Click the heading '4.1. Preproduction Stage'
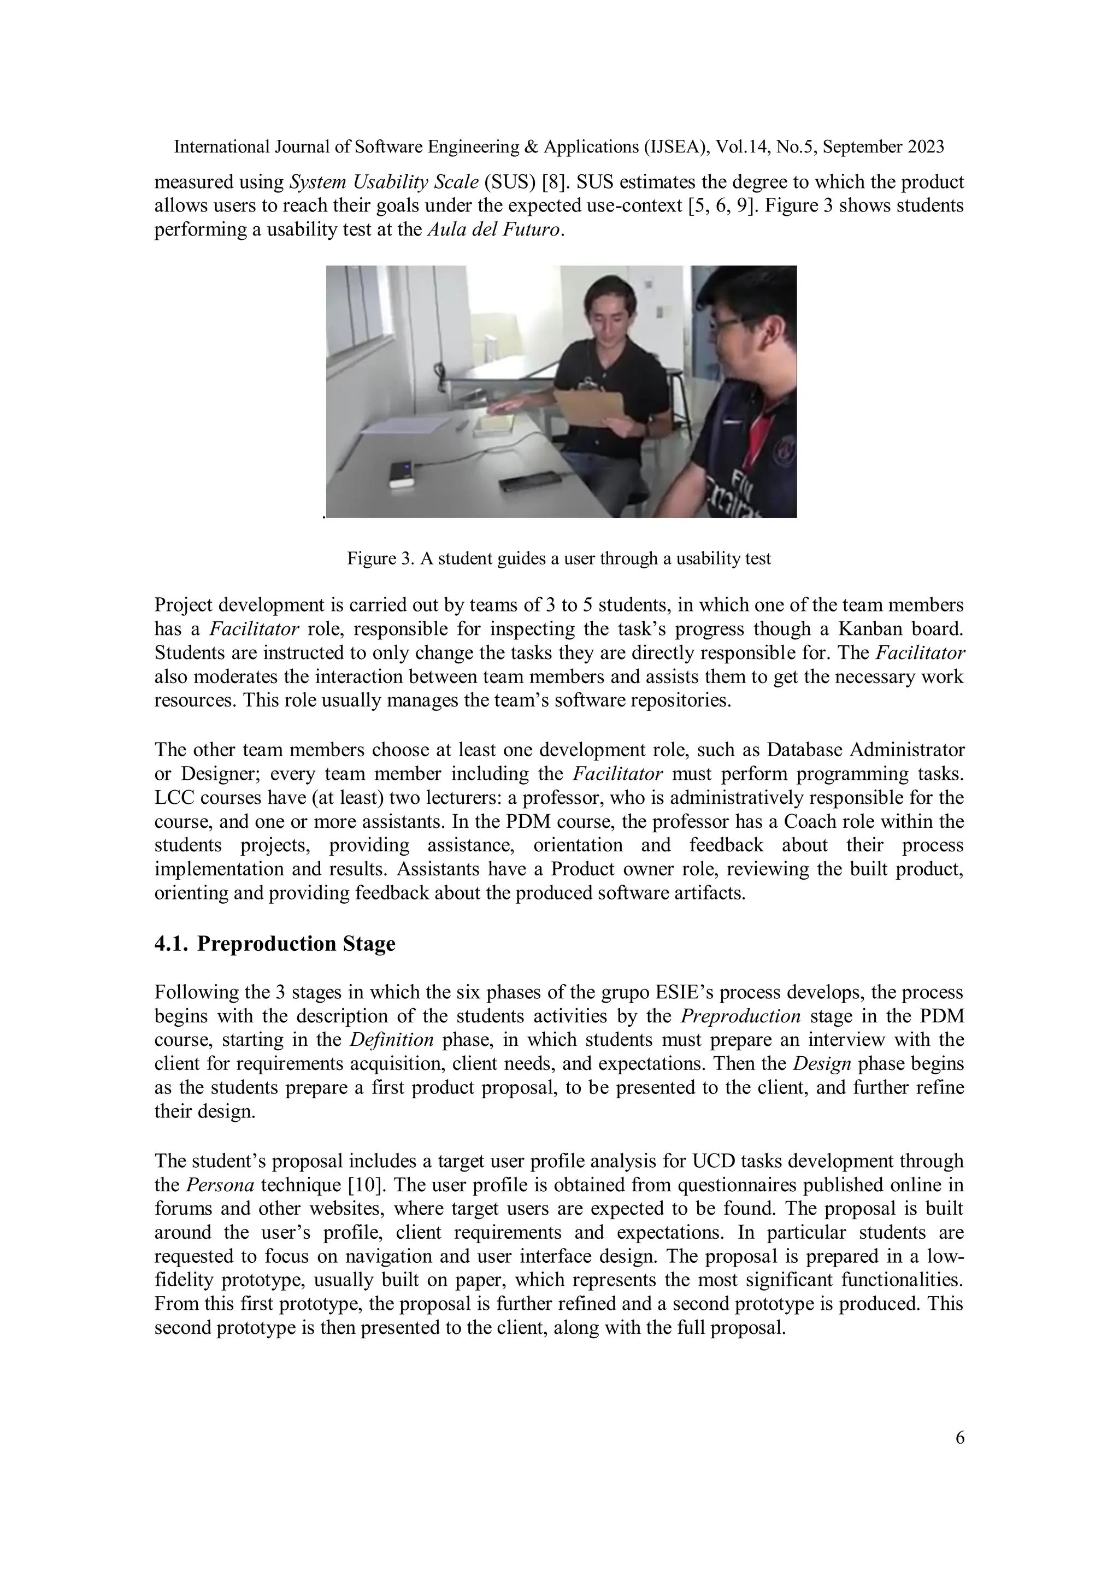(x=274, y=943)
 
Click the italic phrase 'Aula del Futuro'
(x=494, y=229)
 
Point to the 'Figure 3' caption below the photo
(x=558, y=558)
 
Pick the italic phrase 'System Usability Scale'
(x=384, y=183)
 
